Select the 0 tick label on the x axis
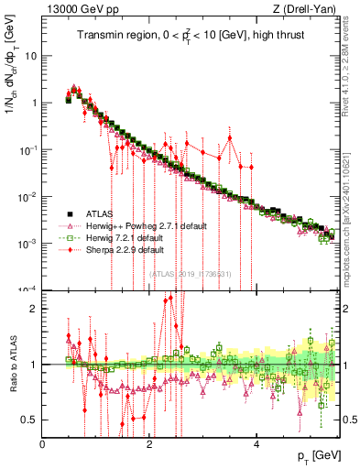tap(42, 443)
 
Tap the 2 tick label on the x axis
tap(149, 443)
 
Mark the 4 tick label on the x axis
tap(256, 443)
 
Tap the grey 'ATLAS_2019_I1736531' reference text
tap(190, 274)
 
